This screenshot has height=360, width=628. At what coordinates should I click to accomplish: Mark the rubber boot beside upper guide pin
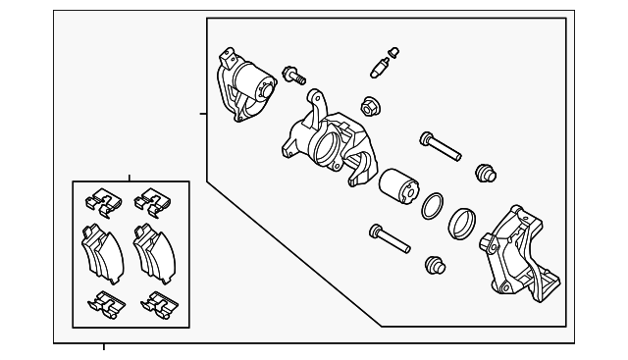pos(485,173)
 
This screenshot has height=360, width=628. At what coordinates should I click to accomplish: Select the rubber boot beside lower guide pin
pos(436,265)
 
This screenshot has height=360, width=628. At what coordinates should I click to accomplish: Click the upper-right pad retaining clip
pos(152,200)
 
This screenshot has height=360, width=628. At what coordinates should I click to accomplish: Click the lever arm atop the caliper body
pos(316,102)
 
